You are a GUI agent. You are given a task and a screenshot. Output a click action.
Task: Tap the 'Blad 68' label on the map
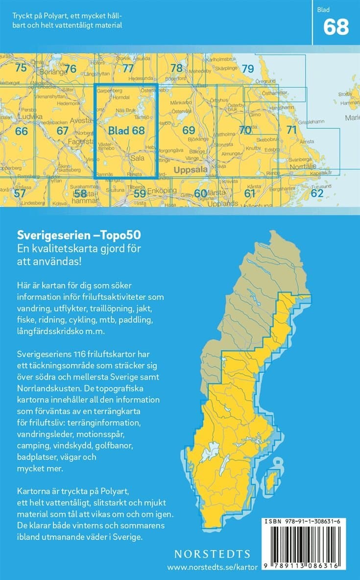click(126, 130)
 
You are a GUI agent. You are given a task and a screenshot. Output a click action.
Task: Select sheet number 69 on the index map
click(189, 130)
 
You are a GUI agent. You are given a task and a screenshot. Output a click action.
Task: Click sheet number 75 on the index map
click(21, 68)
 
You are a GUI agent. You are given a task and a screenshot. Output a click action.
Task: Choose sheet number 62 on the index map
click(317, 193)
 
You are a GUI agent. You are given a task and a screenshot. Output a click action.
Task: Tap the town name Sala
click(136, 158)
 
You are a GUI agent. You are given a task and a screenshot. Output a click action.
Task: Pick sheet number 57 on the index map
click(20, 193)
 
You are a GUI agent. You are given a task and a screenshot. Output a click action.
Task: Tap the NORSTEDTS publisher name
click(212, 554)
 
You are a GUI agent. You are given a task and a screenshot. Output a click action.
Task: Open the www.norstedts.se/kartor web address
click(209, 567)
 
